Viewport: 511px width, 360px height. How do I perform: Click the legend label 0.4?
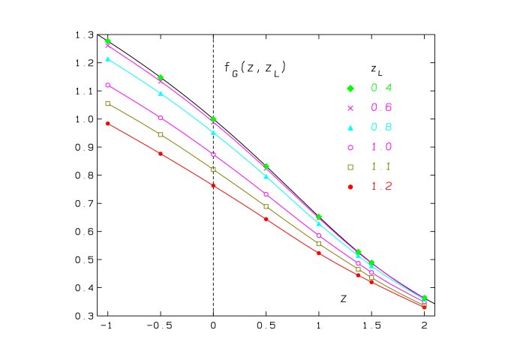pos(381,88)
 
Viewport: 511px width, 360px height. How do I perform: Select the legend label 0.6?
pos(381,107)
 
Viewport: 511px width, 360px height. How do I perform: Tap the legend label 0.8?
pos(381,127)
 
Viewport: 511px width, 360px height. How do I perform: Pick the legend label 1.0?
pos(381,147)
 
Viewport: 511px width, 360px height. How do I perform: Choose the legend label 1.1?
pos(381,166)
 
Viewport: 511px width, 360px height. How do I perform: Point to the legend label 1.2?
pos(381,186)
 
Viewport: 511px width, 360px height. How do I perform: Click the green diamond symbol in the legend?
pos(350,88)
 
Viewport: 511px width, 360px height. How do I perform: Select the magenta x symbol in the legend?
pos(350,108)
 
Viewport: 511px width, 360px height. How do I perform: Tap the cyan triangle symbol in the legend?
pos(350,127)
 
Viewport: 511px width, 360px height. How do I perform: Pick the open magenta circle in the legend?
pos(350,147)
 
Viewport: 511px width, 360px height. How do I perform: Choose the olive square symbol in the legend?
pos(350,166)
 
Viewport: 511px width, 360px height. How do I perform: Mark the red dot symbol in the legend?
pos(350,187)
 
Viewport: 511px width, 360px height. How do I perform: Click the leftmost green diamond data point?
pos(108,40)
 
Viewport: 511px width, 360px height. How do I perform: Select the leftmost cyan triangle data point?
pos(108,58)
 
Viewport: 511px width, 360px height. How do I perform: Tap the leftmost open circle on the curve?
pos(108,85)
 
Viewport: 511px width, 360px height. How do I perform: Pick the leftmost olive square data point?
pos(108,103)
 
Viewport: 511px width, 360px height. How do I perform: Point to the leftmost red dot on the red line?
pos(108,123)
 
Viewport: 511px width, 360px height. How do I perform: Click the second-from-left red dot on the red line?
pos(161,153)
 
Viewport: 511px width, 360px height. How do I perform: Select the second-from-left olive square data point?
pos(161,134)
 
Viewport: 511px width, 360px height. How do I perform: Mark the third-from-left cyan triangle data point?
pos(213,132)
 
